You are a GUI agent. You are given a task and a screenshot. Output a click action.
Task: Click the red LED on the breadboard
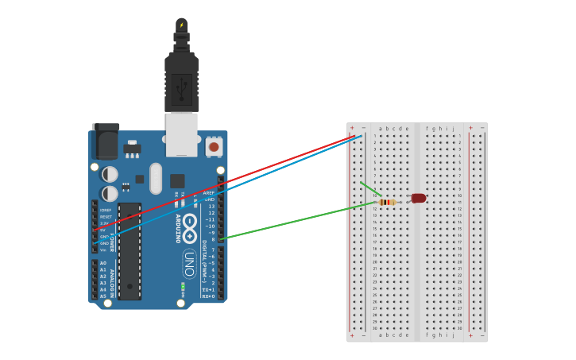pyautogui.click(x=418, y=198)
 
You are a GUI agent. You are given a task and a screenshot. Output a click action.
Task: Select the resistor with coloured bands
pyautogui.click(x=387, y=203)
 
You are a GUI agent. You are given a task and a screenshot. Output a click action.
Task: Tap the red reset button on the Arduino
pyautogui.click(x=213, y=147)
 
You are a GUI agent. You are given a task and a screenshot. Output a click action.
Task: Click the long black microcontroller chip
pyautogui.click(x=130, y=250)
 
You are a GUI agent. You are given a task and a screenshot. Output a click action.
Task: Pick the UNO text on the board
pyautogui.click(x=189, y=263)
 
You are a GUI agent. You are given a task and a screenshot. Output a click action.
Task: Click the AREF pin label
pyautogui.click(x=209, y=192)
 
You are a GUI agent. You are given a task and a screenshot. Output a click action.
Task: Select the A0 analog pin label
pyautogui.click(x=103, y=263)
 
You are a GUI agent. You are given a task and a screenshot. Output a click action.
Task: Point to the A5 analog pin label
pyautogui.click(x=103, y=296)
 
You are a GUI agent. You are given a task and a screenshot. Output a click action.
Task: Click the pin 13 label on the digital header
pyautogui.click(x=211, y=206)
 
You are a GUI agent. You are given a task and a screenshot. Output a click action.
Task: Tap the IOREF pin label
pyautogui.click(x=105, y=210)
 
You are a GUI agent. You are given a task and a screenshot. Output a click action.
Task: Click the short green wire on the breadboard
pyautogui.click(x=370, y=188)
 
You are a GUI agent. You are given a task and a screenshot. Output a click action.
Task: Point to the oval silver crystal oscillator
pyautogui.click(x=155, y=178)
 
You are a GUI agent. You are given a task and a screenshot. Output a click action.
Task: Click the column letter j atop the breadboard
pyautogui.click(x=453, y=128)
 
